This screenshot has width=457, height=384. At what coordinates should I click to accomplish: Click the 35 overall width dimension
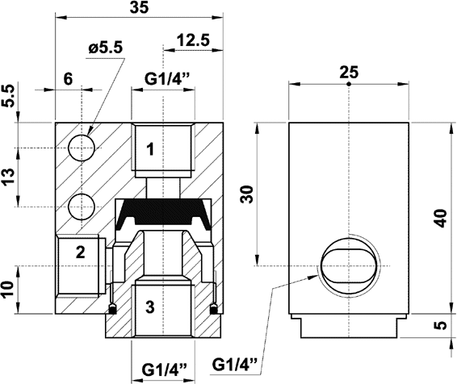[140, 8]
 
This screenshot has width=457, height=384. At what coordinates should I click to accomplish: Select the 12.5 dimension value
[193, 40]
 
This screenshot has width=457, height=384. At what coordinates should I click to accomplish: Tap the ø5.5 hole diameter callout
[106, 48]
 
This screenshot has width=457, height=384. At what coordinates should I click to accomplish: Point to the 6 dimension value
[68, 78]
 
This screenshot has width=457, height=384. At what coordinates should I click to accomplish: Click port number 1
[150, 149]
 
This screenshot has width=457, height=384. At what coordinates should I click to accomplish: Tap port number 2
[81, 253]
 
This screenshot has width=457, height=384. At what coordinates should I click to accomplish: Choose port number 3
[150, 307]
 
